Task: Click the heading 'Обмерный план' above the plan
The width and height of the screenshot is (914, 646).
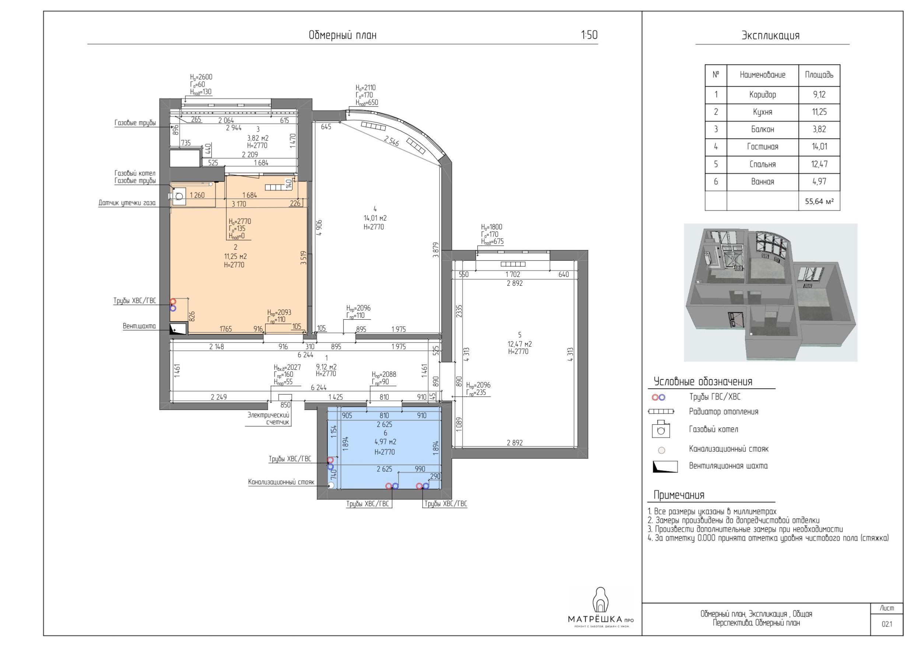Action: tap(342, 35)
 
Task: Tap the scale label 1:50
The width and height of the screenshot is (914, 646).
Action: tap(589, 35)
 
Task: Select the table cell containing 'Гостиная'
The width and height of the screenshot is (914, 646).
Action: tap(762, 147)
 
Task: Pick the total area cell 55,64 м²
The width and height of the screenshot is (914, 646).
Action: tap(819, 201)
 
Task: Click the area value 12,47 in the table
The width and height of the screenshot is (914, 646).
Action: tap(819, 164)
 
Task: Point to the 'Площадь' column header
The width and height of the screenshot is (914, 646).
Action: tap(819, 75)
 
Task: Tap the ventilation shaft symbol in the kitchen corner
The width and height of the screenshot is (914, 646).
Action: tap(178, 329)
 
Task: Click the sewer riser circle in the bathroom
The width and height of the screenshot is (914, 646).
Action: tap(331, 485)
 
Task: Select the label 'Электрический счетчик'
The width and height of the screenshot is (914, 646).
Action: tap(268, 419)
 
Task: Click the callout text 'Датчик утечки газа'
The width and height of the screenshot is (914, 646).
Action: tap(127, 203)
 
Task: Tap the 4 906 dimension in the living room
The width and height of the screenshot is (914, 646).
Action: tap(319, 228)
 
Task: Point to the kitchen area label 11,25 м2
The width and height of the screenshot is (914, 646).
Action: tap(236, 257)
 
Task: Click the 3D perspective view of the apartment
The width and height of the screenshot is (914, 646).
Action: tap(770, 292)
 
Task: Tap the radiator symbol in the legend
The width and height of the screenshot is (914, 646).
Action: tap(661, 411)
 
